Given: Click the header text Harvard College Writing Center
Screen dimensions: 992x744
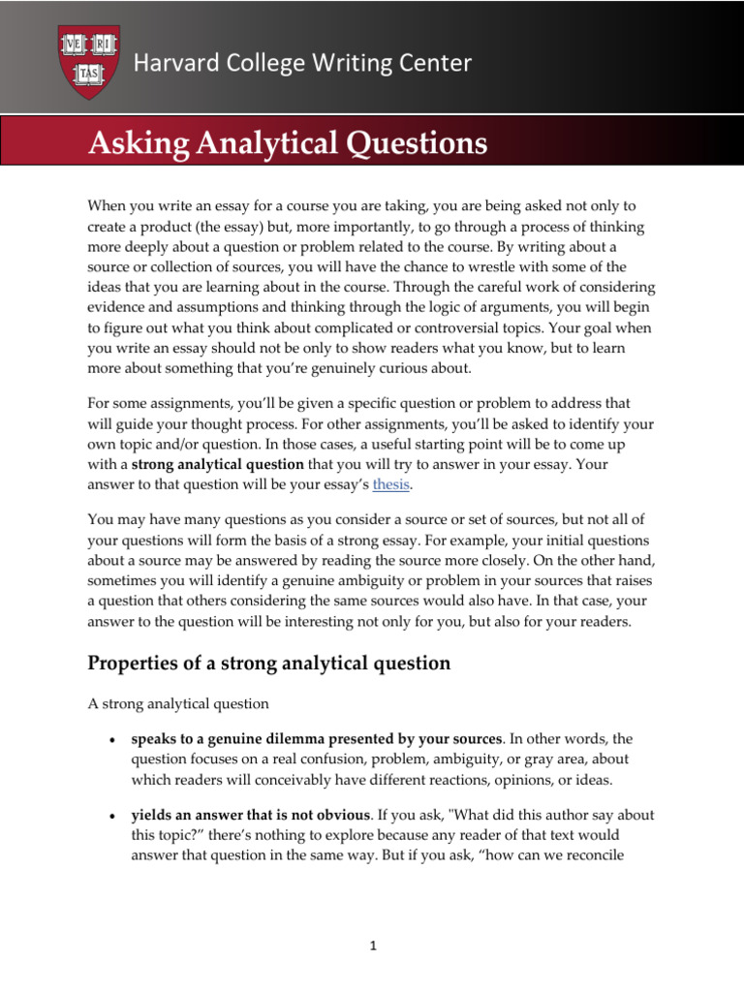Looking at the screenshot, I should click(302, 64).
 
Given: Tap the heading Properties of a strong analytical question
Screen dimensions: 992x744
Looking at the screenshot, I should click(269, 663).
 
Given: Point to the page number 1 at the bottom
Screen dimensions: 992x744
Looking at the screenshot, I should click(372, 948).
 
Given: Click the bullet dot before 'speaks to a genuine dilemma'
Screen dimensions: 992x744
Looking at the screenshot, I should click(113, 740).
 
